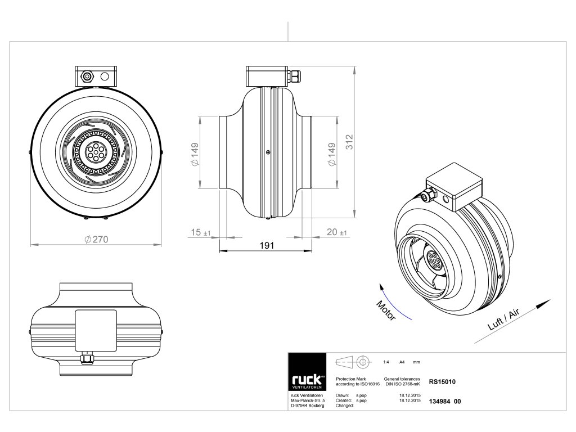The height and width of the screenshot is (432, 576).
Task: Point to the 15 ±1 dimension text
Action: tap(200, 232)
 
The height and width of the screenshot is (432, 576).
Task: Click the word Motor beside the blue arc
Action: tap(386, 310)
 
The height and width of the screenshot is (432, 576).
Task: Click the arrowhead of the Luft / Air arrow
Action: tap(543, 301)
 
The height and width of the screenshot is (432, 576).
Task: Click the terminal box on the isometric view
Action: tap(454, 184)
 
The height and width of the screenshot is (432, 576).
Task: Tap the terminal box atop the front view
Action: tap(96, 75)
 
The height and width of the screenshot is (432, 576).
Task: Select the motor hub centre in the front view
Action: tap(95, 152)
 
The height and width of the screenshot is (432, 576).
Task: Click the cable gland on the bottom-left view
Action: tap(87, 358)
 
